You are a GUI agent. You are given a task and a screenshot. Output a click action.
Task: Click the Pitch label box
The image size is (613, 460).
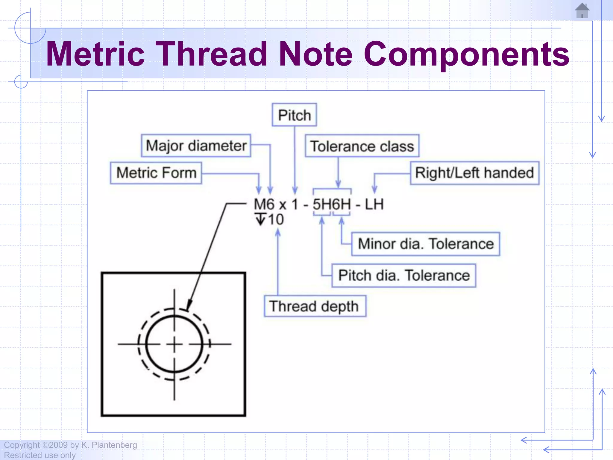click(294, 115)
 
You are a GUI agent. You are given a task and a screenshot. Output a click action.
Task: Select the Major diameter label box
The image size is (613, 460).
click(196, 146)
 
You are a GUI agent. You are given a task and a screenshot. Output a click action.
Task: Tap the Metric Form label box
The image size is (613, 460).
click(156, 173)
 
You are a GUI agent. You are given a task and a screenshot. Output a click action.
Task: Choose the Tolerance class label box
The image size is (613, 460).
click(362, 146)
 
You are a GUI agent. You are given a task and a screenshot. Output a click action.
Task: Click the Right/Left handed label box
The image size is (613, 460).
click(474, 173)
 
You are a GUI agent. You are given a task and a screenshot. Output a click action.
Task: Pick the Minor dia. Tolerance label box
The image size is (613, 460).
click(425, 244)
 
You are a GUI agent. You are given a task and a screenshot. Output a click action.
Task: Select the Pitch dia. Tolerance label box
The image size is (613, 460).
click(403, 276)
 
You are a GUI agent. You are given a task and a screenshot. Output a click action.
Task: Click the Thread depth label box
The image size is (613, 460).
click(315, 306)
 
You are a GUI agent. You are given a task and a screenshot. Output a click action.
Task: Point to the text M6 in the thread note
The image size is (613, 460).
click(264, 205)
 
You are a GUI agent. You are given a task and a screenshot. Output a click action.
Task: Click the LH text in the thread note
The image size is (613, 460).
click(374, 205)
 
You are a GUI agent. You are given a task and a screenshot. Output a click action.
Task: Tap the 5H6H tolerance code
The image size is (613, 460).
click(332, 205)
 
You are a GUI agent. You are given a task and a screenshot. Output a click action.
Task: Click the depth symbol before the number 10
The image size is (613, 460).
click(261, 219)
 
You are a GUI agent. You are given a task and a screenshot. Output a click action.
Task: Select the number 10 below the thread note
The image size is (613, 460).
click(276, 220)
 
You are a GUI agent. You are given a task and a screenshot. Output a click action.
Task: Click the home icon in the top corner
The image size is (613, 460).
click(582, 11)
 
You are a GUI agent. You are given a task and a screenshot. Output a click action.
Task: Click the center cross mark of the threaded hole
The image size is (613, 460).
click(175, 344)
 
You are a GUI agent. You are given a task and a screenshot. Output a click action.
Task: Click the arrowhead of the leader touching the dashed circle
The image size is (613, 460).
click(189, 306)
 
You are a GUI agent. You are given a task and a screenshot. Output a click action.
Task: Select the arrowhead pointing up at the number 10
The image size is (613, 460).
click(278, 233)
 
